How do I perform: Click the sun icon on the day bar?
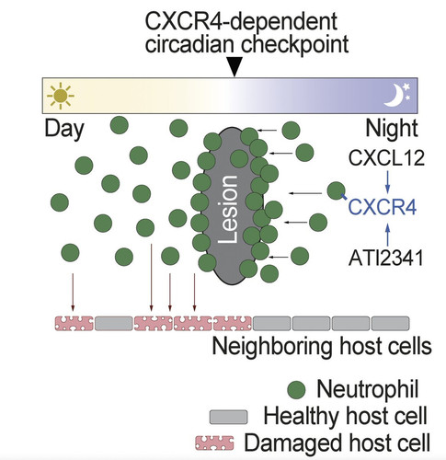click(x=61, y=96)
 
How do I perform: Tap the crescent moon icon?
click(x=394, y=96)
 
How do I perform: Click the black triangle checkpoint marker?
click(x=234, y=67)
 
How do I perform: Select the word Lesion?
click(x=228, y=210)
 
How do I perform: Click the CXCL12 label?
click(x=386, y=158)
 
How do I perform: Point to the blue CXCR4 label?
click(x=383, y=207)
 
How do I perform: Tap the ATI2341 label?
click(x=386, y=258)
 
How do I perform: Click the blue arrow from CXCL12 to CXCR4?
click(x=388, y=182)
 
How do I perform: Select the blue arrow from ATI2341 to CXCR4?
click(x=388, y=235)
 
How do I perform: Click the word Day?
click(x=64, y=130)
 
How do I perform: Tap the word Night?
click(x=392, y=129)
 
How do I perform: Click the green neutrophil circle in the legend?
click(x=296, y=390)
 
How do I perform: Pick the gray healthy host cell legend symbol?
click(x=228, y=417)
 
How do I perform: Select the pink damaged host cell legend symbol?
click(x=214, y=443)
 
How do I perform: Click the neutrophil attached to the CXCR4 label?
click(x=337, y=190)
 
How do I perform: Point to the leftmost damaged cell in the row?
click(x=74, y=324)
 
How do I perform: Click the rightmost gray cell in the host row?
click(x=390, y=324)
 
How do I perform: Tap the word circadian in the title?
click(x=190, y=45)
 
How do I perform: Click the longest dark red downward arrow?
click(x=151, y=278)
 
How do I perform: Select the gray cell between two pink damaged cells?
click(x=114, y=324)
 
